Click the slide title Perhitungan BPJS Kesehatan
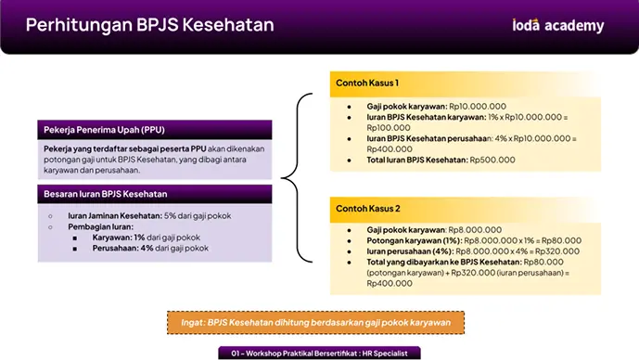click(x=150, y=25)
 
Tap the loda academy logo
click(x=558, y=25)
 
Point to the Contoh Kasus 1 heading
click(x=367, y=84)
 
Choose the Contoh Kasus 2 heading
click(x=368, y=209)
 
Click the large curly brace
click(x=297, y=178)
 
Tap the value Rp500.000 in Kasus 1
click(x=492, y=160)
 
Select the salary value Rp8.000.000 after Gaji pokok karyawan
click(x=475, y=230)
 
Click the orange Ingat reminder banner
click(x=316, y=323)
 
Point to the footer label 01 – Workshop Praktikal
click(x=319, y=354)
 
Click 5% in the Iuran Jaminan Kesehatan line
click(x=170, y=215)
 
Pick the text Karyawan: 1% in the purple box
click(x=119, y=238)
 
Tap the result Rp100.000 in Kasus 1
click(x=389, y=128)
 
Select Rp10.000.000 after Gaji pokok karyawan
click(x=478, y=107)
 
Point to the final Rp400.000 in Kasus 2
click(x=390, y=284)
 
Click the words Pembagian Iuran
click(x=101, y=226)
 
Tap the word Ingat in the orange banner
click(x=192, y=323)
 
